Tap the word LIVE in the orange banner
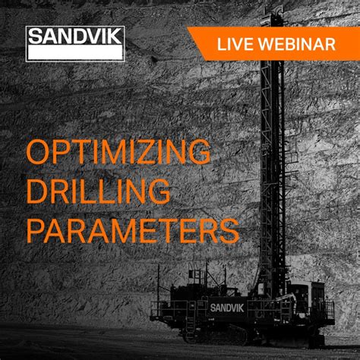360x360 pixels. [234, 44]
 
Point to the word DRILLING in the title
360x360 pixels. [99, 191]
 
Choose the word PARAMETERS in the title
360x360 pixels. [133, 229]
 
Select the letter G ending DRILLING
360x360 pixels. [157, 191]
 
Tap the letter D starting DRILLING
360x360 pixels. [38, 191]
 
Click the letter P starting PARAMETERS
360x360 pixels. [36, 229]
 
